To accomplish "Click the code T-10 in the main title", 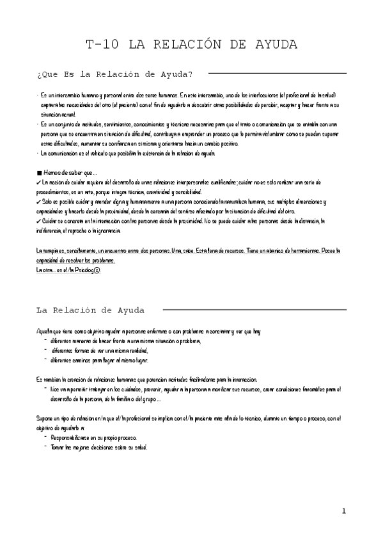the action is [103, 44].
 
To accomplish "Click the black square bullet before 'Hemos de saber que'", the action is [40, 173].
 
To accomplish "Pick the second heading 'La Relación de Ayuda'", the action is [90, 310].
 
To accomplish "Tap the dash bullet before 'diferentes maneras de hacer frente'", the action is [45, 341].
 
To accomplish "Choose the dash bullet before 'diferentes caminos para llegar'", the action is [45, 360].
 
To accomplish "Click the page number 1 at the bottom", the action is [343, 510].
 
